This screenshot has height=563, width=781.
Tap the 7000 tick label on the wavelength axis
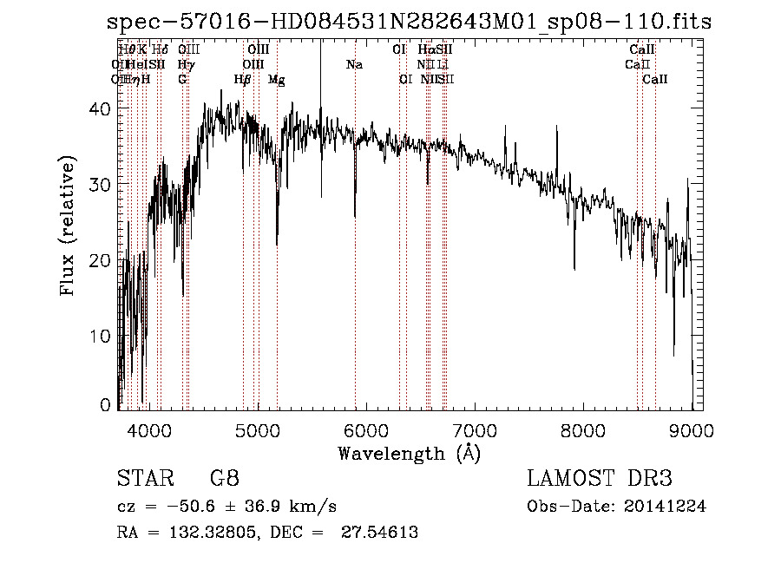(474, 429)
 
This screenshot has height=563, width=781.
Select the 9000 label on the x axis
(692, 429)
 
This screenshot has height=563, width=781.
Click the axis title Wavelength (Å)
(409, 452)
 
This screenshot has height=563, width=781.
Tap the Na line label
(354, 64)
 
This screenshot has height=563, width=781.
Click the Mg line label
(276, 80)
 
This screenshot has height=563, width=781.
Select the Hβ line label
(242, 80)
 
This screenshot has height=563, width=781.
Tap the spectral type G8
(224, 478)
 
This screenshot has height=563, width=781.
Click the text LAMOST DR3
(600, 478)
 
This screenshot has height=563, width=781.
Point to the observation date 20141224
(668, 506)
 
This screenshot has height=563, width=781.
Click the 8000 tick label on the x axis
(582, 429)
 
